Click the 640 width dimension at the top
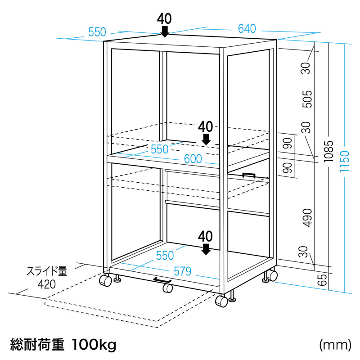[x=247, y=29]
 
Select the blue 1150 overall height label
[x=344, y=161]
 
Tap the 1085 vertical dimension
[x=328, y=151]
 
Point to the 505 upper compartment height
[x=307, y=99]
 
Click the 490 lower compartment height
[x=307, y=218]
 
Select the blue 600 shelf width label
[x=193, y=159]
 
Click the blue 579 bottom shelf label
[x=183, y=271]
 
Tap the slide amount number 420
[x=47, y=284]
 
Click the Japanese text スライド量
[x=47, y=271]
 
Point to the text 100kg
[x=94, y=345]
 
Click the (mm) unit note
[x=335, y=345]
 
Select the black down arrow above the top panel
[x=165, y=31]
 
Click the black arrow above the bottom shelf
[x=206, y=249]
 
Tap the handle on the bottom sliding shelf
[x=162, y=280]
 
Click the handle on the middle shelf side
[x=249, y=175]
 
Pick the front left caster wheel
[x=105, y=280]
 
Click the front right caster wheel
[x=221, y=301]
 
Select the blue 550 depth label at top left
[x=97, y=32]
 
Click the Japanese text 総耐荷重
[x=37, y=345]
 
